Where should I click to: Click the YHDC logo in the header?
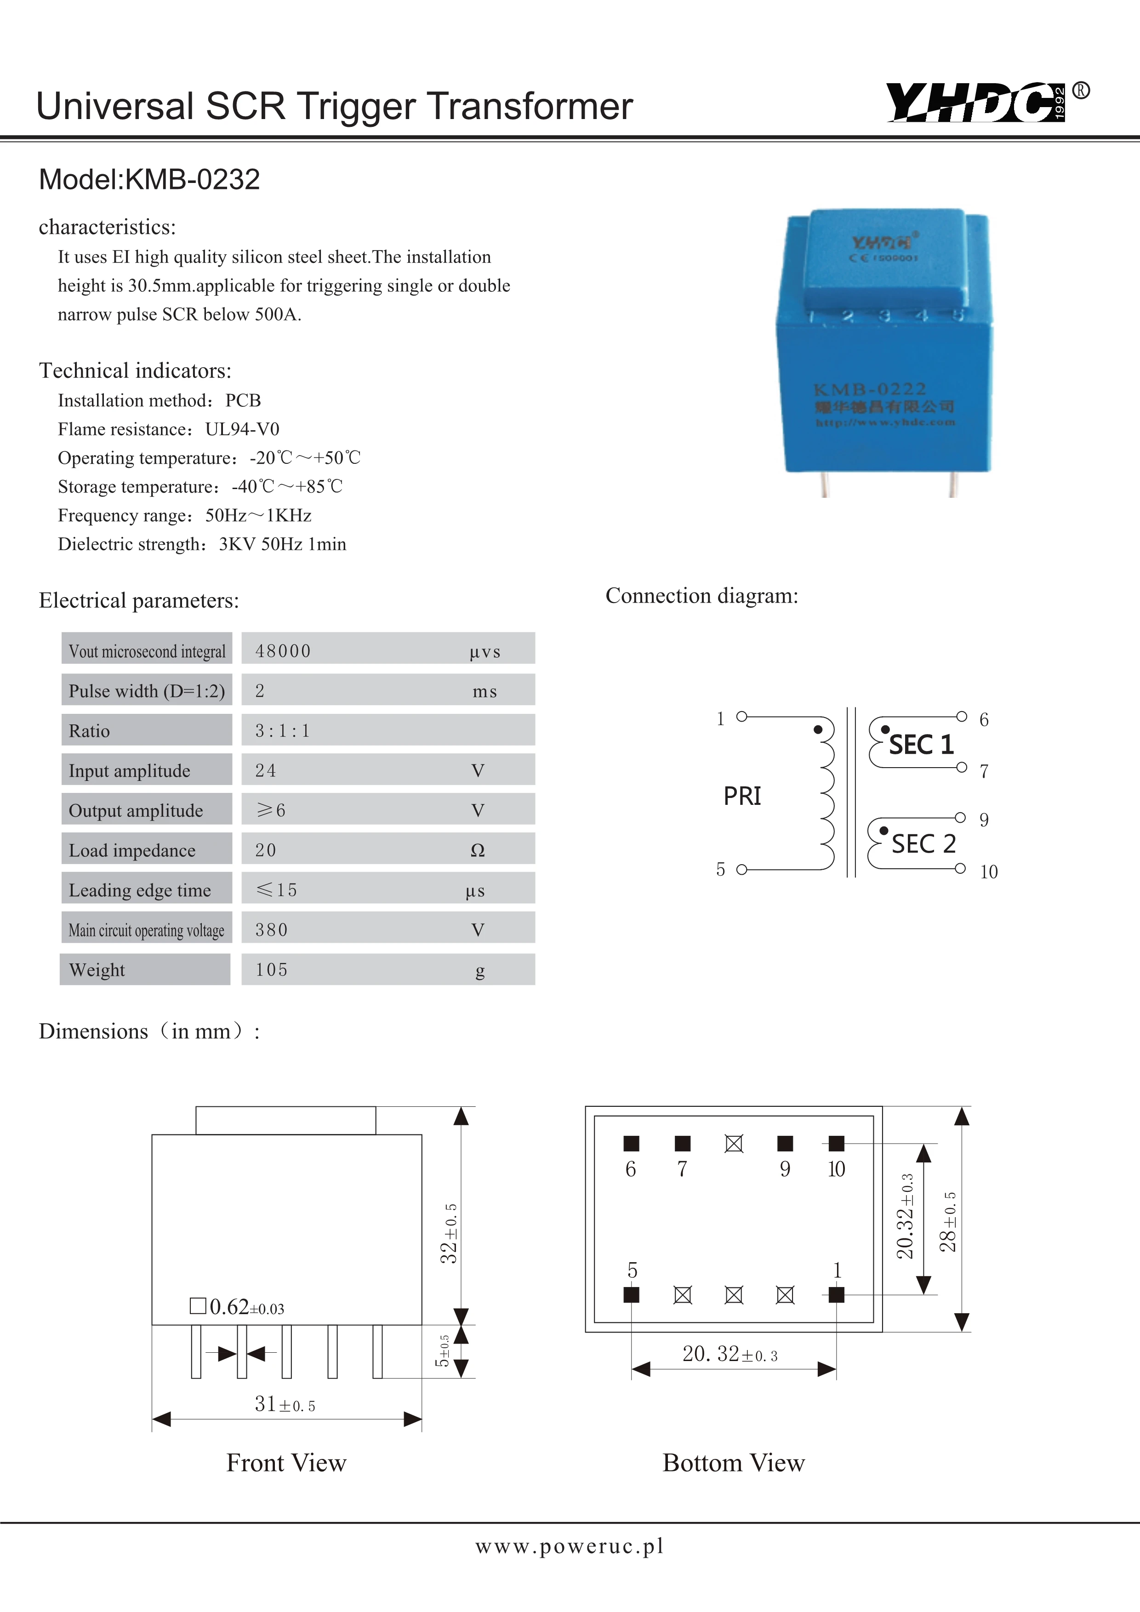(976, 103)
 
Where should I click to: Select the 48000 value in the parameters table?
(283, 651)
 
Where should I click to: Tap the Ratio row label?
(89, 731)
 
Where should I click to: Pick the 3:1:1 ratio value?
(282, 731)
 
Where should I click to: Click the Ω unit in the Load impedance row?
(477, 850)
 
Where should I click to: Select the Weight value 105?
(272, 969)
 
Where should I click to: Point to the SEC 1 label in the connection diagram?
(921, 744)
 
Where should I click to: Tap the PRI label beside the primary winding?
(742, 796)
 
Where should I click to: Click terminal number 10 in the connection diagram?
(988, 872)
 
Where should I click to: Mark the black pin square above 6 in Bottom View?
(631, 1144)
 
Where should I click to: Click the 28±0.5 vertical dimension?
(948, 1222)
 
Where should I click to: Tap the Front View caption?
(286, 1463)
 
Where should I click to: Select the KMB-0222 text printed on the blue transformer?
(870, 390)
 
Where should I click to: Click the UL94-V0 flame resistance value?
(242, 429)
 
